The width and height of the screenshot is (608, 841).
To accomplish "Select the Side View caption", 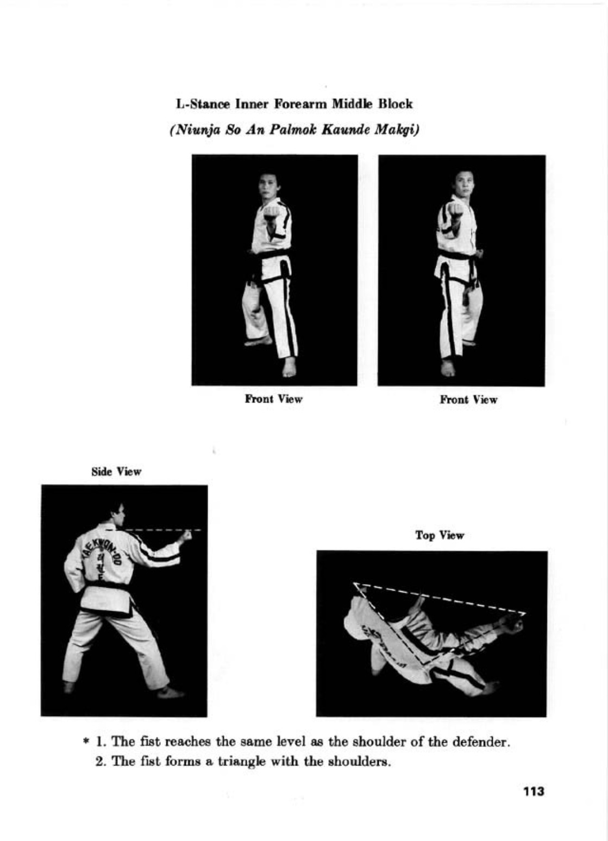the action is coord(116,472).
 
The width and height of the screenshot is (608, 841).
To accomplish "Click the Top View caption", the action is coord(440,535).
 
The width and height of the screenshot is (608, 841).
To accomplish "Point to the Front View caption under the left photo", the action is coord(273,399).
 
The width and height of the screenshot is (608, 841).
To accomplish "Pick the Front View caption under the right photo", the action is coord(469,399).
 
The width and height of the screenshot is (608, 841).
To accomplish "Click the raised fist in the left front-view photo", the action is coord(271,213).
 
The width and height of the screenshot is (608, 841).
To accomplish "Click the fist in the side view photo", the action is coord(185,537).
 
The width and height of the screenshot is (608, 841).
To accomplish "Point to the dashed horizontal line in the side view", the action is coord(163,530).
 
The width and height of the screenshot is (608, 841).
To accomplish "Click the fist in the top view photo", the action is coord(515,623).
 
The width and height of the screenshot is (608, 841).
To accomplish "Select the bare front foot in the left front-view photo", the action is coord(289,367).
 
